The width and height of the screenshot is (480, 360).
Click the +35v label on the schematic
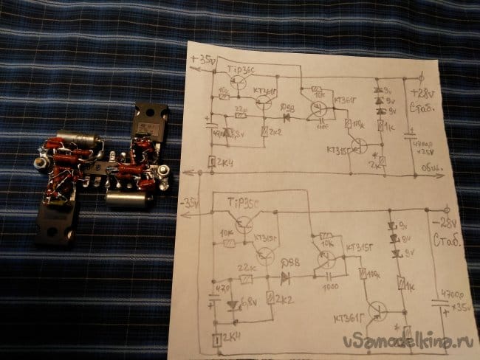203,58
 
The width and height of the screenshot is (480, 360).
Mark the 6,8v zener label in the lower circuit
248,302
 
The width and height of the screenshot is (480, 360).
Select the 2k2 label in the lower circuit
284,300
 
